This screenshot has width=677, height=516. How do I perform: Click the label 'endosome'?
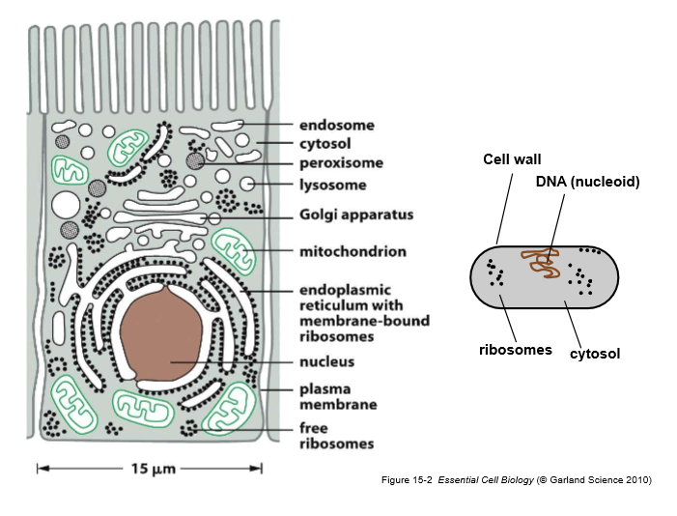[x=336, y=126]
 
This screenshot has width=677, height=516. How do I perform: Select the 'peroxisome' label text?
[x=341, y=163]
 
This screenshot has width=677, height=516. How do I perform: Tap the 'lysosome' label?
[x=333, y=184]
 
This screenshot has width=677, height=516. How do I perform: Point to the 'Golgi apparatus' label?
[x=356, y=215]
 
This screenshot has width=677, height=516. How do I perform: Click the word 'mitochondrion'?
[x=353, y=251]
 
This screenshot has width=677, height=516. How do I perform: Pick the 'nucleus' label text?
[x=326, y=362]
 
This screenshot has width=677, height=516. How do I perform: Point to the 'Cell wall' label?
[x=512, y=159]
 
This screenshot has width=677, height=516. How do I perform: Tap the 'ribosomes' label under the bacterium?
[x=515, y=350]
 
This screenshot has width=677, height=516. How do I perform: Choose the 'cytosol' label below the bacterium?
[x=594, y=355]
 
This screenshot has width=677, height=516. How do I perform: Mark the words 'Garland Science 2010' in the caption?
[x=598, y=480]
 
